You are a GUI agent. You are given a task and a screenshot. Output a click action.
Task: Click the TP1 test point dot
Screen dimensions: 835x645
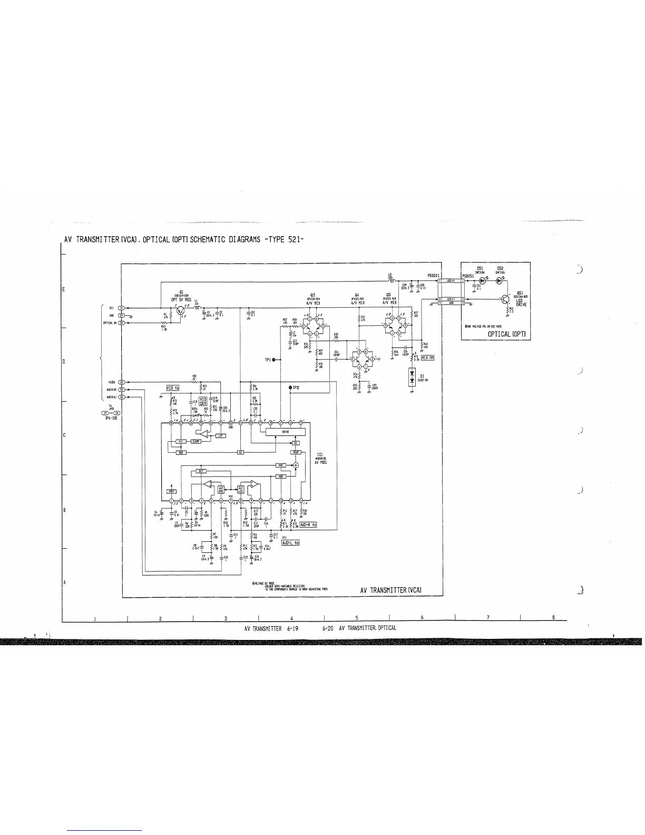coord(274,360)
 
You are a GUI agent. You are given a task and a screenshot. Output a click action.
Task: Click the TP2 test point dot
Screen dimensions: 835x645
coord(290,387)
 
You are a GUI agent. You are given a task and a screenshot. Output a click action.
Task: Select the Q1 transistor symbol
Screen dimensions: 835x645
coord(181,309)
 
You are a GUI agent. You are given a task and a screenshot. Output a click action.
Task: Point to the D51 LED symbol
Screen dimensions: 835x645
coord(481,281)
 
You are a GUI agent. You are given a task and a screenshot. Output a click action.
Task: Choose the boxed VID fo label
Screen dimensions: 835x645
coord(173,388)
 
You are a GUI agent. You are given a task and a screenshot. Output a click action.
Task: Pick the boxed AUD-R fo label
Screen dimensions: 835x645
coord(308,525)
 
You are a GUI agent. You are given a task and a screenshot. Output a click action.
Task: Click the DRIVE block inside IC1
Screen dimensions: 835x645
coord(285,432)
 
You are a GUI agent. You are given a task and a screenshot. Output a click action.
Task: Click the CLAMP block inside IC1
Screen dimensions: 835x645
coord(196,441)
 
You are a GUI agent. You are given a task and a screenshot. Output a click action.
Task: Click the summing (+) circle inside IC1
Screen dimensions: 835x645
coord(296,464)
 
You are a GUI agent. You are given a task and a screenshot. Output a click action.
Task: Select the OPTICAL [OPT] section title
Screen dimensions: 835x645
coord(506,334)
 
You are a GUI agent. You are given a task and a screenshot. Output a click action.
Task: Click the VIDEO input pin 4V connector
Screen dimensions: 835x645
coord(121,382)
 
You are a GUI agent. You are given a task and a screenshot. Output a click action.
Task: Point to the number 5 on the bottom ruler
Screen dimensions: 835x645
coord(357,618)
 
